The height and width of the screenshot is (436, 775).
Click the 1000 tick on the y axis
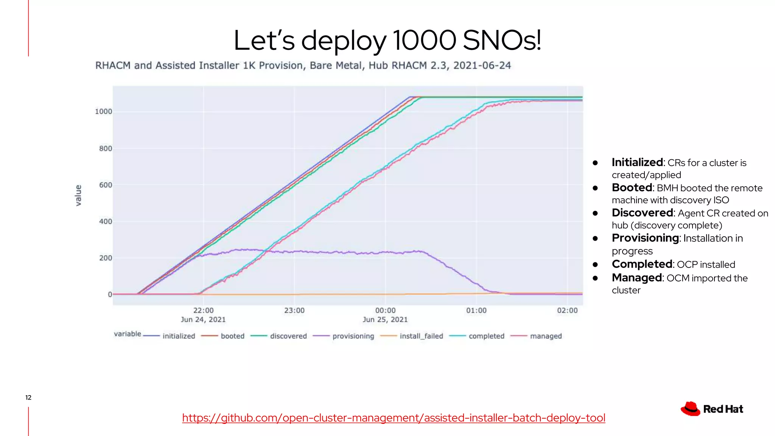tap(103, 112)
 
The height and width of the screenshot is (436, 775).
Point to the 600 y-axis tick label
tap(106, 185)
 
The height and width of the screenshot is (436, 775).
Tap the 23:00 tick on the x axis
tap(294, 311)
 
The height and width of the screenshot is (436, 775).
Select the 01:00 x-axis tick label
tap(476, 311)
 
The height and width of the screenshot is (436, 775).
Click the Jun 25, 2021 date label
tap(385, 320)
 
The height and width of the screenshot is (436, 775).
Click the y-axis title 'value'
tap(78, 195)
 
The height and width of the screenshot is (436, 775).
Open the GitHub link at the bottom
tap(394, 418)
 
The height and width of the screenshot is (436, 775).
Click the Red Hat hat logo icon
tap(691, 409)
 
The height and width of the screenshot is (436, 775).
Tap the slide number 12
tap(28, 397)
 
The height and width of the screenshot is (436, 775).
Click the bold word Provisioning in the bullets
tap(646, 238)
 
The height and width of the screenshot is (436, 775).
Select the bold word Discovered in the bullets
tap(643, 213)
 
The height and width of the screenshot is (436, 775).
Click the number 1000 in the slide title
tap(425, 40)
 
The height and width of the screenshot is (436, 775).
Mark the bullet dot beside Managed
tap(595, 278)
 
